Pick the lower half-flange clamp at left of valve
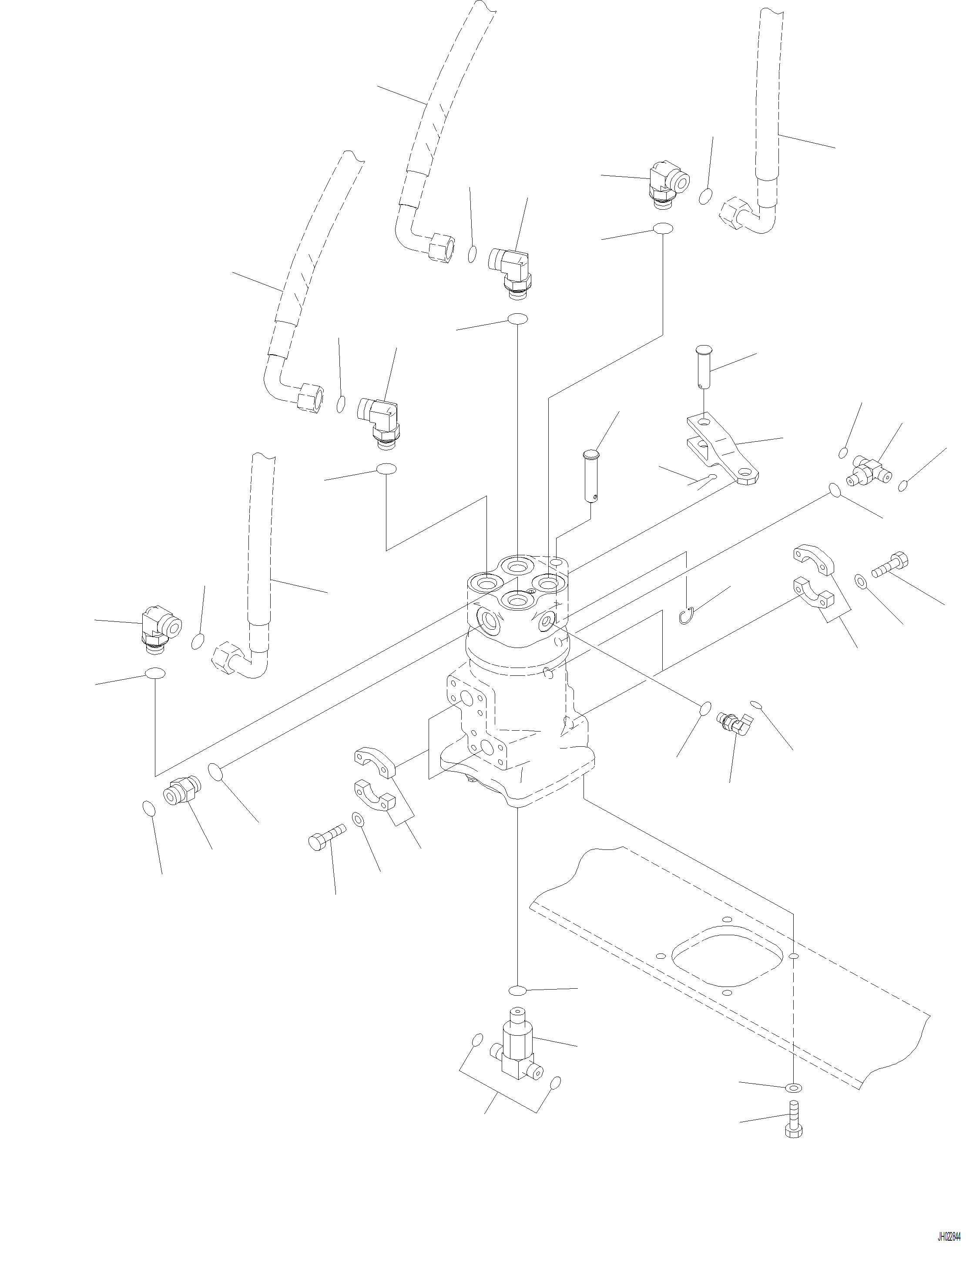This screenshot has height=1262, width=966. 374,797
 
